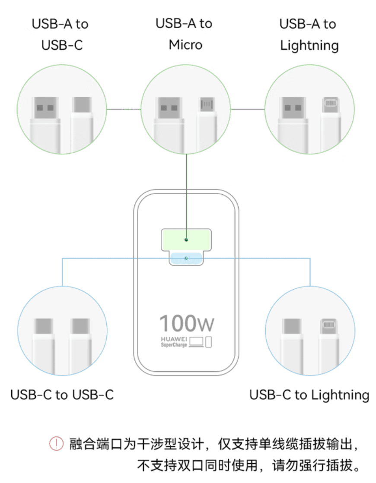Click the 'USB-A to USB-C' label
click(61, 34)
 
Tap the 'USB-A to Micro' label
click(185, 34)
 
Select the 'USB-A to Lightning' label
click(309, 34)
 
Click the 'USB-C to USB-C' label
click(62, 395)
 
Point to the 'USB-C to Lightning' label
click(309, 395)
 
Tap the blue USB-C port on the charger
click(186, 259)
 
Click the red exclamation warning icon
click(57, 443)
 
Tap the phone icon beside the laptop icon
click(210, 341)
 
